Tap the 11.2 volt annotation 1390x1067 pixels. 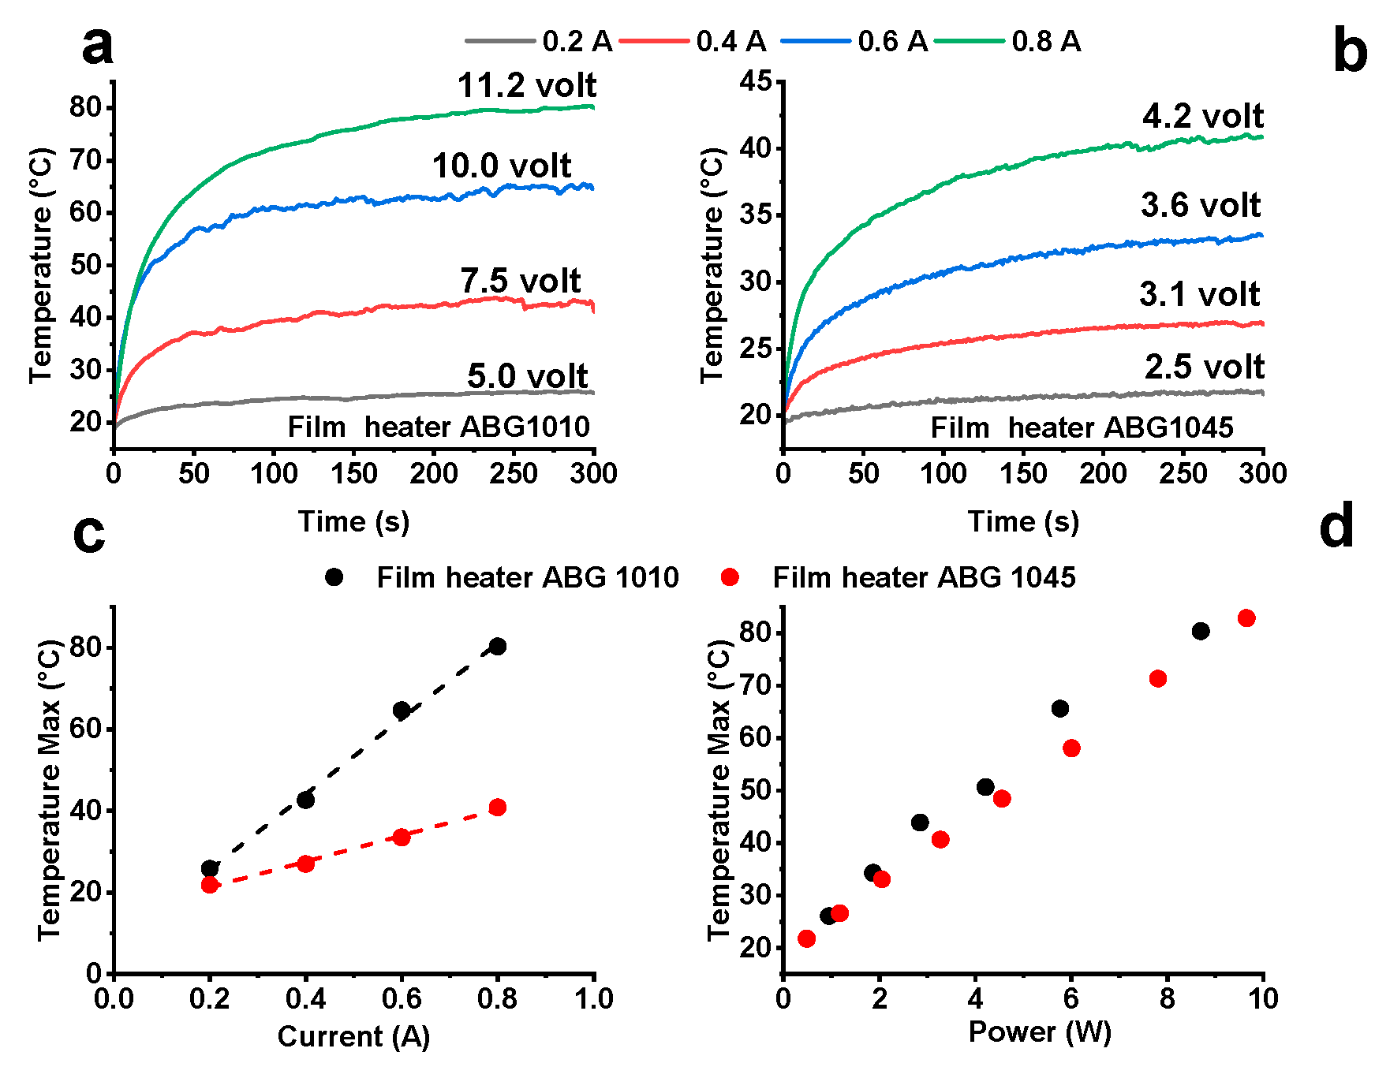tap(527, 85)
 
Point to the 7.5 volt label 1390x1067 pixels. tap(521, 280)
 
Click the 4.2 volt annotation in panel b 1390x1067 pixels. tap(1203, 116)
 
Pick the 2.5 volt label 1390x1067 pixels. tap(1205, 367)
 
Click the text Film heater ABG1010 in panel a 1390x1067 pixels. tap(439, 427)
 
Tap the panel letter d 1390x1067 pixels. tap(1336, 527)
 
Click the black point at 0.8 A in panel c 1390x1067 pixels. tap(498, 647)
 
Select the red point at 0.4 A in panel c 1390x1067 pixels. tap(306, 864)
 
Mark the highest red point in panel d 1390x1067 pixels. tap(1246, 618)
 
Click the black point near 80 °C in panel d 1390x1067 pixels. tap(1201, 631)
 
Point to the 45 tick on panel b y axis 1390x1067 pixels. tap(755, 81)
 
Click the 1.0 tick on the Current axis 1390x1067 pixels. tap(593, 998)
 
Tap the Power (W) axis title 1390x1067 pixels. tap(1040, 1032)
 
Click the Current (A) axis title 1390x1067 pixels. tap(353, 1036)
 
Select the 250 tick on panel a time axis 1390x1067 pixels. tap(514, 473)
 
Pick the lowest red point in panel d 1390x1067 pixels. tap(806, 938)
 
